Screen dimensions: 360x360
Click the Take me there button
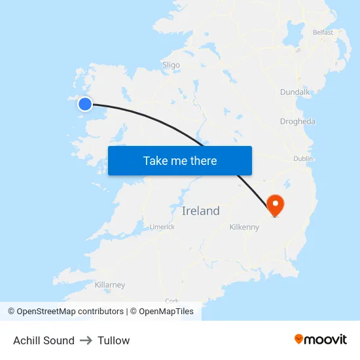tap(180, 160)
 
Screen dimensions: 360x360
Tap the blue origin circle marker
tap(85, 103)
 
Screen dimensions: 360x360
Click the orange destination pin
tap(276, 205)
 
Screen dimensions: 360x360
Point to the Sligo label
tap(171, 65)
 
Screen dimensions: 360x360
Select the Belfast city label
tap(323, 32)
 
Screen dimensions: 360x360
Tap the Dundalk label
tap(295, 92)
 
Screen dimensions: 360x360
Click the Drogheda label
tap(297, 121)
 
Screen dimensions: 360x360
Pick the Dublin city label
tap(303, 158)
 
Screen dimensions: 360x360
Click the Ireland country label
tap(200, 211)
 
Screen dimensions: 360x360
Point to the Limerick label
tap(162, 227)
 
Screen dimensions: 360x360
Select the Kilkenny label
tap(244, 227)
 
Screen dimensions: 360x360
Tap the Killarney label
tap(110, 285)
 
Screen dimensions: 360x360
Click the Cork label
tap(172, 300)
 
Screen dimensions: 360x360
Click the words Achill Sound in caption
tap(44, 340)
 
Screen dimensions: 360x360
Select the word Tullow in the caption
tap(114, 340)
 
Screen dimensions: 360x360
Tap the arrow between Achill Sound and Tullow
tap(86, 340)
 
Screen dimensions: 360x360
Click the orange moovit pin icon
tap(298, 339)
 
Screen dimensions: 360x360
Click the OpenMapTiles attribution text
tap(166, 312)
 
